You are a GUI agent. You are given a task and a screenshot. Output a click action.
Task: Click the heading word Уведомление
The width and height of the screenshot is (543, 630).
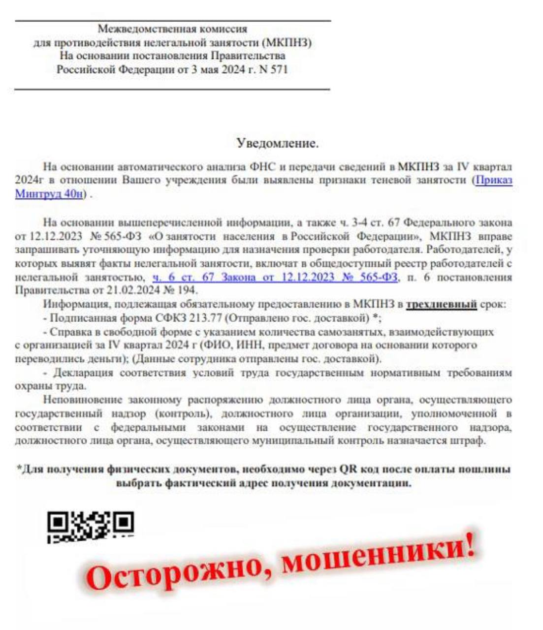(277, 143)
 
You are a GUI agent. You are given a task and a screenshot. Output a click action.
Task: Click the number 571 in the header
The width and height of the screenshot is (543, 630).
(278, 69)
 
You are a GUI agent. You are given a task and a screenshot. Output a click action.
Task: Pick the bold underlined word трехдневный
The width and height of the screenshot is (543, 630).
(441, 304)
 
